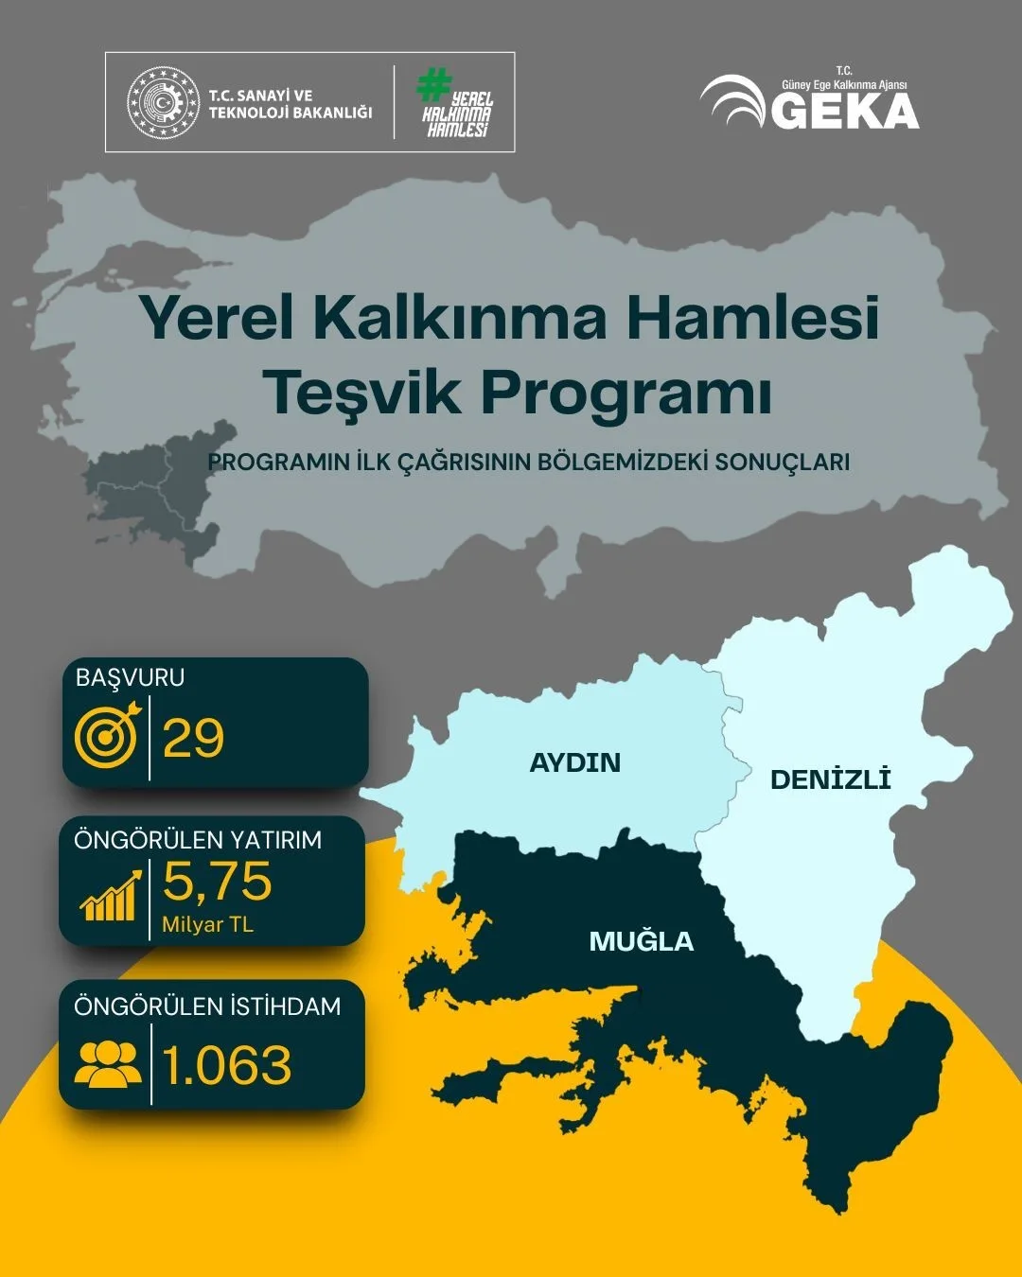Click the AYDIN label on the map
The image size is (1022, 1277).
pyautogui.click(x=574, y=762)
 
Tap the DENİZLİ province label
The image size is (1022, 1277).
pyautogui.click(x=830, y=779)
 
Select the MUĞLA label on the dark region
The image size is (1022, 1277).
pyautogui.click(x=641, y=941)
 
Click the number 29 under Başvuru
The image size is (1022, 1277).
pyautogui.click(x=193, y=738)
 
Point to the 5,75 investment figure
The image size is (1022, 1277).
pyautogui.click(x=217, y=881)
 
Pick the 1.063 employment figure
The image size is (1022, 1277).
pyautogui.click(x=227, y=1066)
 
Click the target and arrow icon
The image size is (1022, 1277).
pyautogui.click(x=107, y=733)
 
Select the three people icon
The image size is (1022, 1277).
pyautogui.click(x=107, y=1063)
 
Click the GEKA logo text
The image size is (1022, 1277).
pyautogui.click(x=845, y=111)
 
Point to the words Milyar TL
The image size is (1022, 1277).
pyautogui.click(x=207, y=924)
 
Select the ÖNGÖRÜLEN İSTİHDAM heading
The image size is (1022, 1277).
pyautogui.click(x=207, y=1006)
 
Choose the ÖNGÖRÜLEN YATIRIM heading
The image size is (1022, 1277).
pyautogui.click(x=198, y=840)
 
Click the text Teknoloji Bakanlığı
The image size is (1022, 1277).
pyautogui.click(x=290, y=113)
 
